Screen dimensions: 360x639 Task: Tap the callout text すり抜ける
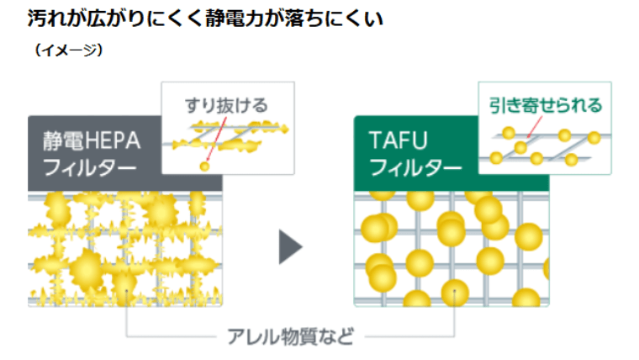coord(227,105)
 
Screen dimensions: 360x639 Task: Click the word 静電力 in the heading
coord(233,18)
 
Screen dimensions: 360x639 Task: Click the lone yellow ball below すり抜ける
coord(204,167)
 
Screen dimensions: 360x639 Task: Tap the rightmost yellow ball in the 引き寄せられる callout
coord(594,137)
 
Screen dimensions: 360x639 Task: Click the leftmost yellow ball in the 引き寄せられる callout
coord(497,157)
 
